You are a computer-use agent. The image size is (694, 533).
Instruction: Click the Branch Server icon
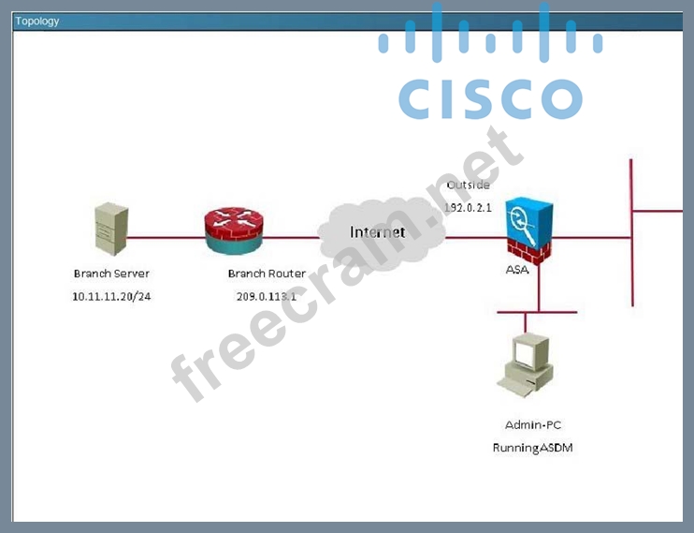(111, 229)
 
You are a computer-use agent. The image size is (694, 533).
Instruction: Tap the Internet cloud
(378, 234)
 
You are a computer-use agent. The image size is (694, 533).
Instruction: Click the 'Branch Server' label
(111, 274)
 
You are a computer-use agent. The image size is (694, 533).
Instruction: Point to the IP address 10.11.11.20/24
(111, 295)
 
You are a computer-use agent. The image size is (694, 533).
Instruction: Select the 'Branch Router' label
(267, 274)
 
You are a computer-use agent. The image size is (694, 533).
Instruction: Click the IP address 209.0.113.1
(267, 295)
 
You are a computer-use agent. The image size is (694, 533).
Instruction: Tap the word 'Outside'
(468, 185)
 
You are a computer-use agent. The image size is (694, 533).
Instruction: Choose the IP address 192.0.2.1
(468, 207)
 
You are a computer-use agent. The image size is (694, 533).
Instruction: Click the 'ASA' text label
(516, 270)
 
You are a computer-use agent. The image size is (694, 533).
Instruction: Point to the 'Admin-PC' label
(533, 424)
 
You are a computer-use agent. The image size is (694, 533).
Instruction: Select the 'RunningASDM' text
(532, 448)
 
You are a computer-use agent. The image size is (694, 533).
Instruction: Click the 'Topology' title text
(37, 21)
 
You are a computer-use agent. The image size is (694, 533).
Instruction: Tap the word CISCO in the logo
(490, 98)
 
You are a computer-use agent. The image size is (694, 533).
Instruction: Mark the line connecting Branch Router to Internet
(292, 237)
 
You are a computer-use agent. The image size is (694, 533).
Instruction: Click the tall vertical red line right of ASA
(632, 234)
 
